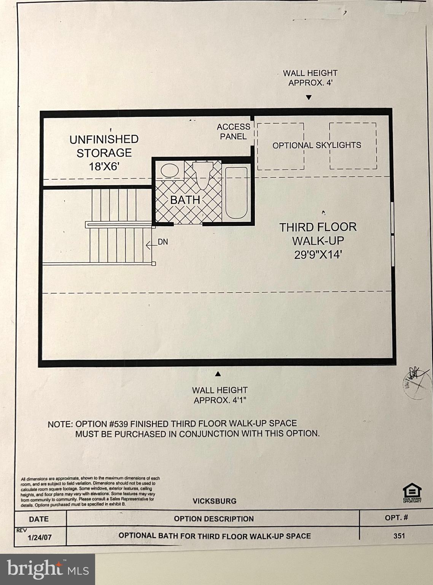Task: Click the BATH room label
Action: tap(185, 200)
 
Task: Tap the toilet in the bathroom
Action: tap(202, 173)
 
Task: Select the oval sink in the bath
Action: tap(169, 170)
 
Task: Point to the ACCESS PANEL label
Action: tap(233, 131)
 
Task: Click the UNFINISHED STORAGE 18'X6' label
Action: tap(104, 152)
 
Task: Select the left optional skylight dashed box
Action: tap(281, 146)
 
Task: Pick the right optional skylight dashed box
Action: tap(353, 146)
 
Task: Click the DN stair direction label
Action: tap(162, 242)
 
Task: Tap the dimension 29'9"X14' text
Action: tap(318, 255)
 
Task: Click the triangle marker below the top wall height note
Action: tap(309, 97)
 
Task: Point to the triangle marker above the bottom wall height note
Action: tap(218, 374)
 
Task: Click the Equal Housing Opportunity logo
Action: tap(412, 492)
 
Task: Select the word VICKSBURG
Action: tap(214, 501)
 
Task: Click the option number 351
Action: tap(399, 536)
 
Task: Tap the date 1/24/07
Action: tap(39, 538)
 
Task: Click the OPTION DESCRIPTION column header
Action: tap(213, 519)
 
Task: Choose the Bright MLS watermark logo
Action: tap(48, 569)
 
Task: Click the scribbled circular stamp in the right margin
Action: tap(415, 382)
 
